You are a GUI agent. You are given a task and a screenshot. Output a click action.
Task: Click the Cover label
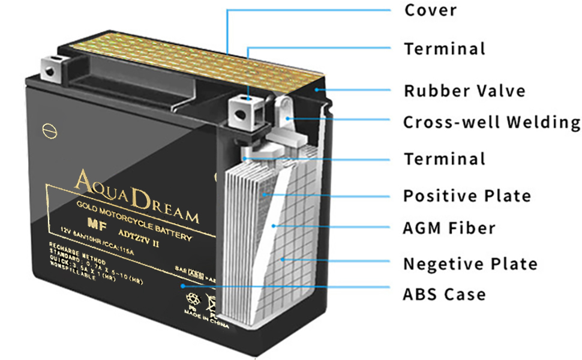click(x=430, y=10)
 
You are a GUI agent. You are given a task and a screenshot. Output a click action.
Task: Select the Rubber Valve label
click(x=464, y=91)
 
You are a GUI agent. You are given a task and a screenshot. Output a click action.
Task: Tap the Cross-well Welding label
click(x=491, y=122)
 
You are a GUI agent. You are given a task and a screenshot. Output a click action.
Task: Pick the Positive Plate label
click(x=467, y=196)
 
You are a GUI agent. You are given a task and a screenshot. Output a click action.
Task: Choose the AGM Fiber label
click(x=449, y=228)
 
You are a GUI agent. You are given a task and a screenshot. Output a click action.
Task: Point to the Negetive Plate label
click(x=470, y=264)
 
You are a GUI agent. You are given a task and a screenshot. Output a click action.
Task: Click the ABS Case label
click(x=444, y=295)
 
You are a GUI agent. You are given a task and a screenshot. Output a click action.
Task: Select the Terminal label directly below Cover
click(x=444, y=49)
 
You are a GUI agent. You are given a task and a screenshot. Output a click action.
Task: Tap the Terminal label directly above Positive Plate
click(x=444, y=159)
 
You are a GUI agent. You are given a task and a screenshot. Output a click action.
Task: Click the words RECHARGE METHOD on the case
click(x=77, y=253)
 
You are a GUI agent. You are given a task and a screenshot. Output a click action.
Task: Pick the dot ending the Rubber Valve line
click(x=319, y=90)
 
